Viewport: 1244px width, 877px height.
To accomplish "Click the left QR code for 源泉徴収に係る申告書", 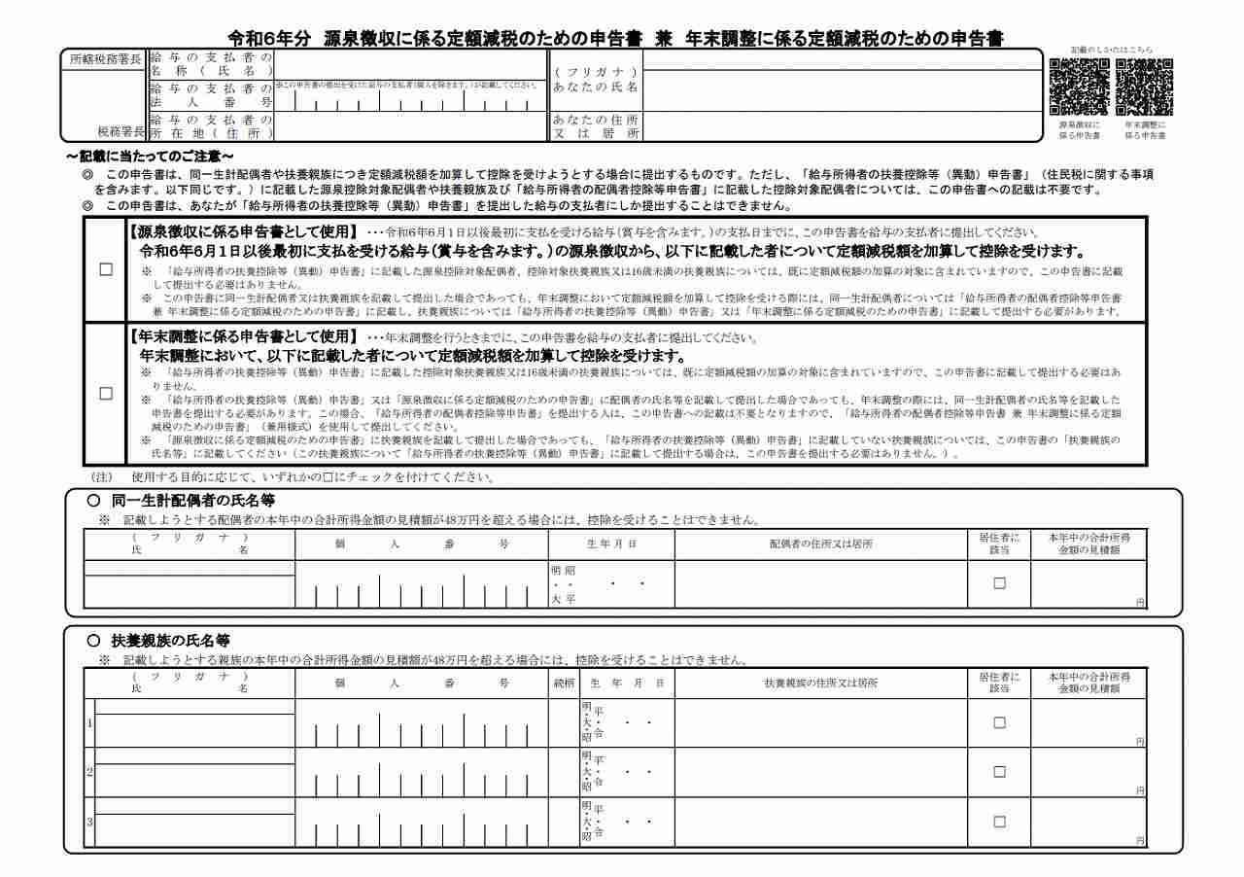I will tap(1079, 88).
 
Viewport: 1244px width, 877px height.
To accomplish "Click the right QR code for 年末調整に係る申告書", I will tap(1144, 88).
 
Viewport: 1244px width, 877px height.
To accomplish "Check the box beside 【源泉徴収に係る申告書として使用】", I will tap(106, 270).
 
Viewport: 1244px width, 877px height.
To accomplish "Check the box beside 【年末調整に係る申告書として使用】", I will tap(106, 394).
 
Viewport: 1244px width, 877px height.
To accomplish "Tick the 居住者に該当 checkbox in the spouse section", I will tap(999, 583).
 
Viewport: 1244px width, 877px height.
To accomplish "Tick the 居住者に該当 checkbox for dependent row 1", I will tap(999, 722).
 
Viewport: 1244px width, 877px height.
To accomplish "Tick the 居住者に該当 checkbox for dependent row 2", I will tap(999, 772).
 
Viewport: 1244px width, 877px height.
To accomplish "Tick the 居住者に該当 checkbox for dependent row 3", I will tap(999, 822).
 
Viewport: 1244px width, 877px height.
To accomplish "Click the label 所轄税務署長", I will tap(106, 58).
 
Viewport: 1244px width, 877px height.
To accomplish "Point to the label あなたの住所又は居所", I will tap(596, 126).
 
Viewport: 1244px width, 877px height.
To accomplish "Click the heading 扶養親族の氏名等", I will tap(170, 641).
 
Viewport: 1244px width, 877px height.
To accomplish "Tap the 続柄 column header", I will tap(564, 684).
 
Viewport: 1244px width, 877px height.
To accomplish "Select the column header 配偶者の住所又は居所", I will tap(821, 544).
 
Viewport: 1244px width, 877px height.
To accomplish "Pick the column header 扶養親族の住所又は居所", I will tap(821, 684).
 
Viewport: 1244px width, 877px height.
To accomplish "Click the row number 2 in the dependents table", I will tap(89, 773).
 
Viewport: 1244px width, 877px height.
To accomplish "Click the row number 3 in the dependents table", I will tap(89, 823).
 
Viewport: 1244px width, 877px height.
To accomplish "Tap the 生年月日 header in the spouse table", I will tap(611, 544).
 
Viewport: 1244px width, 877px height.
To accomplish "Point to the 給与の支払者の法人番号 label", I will tap(210, 94).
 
